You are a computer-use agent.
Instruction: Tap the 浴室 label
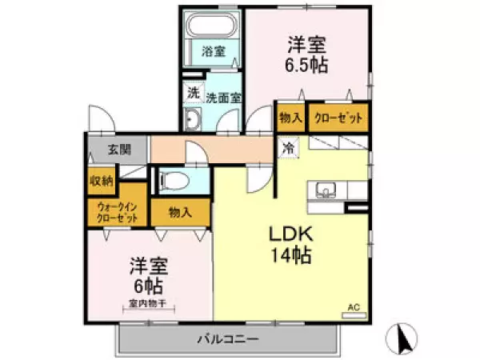[x=214, y=51]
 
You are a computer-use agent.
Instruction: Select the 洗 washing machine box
[x=194, y=93]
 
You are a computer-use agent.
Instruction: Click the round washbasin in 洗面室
[x=193, y=118]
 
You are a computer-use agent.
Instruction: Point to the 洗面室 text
[x=224, y=98]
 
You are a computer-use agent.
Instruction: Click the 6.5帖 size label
[x=306, y=65]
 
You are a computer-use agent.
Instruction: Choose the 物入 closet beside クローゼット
[x=290, y=118]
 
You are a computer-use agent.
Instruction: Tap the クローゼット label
[x=338, y=118]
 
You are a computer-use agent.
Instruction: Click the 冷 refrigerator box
[x=288, y=148]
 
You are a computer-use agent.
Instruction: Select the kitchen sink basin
[x=326, y=190]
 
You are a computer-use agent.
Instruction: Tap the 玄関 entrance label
[x=119, y=150]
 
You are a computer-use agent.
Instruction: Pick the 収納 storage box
[x=102, y=182]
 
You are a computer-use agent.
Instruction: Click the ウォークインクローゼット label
[x=118, y=213]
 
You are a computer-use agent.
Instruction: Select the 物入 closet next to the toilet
[x=181, y=213]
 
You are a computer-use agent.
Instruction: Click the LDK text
[x=291, y=234]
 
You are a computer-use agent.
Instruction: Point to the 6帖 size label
[x=148, y=286]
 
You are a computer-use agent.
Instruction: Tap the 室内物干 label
[x=147, y=304]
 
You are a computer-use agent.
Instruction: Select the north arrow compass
[x=402, y=338]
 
